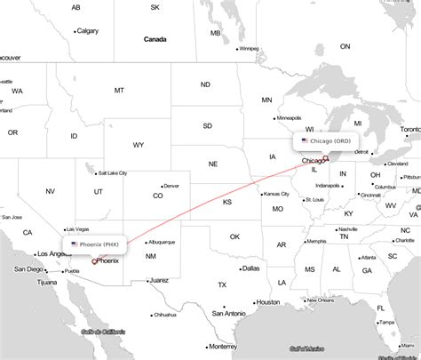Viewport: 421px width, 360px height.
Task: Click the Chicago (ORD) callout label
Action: click(x=330, y=140)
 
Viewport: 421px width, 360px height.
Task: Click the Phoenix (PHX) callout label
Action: click(x=94, y=243)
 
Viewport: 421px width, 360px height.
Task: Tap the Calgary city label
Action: click(x=88, y=31)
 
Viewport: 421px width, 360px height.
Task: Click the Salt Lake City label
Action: click(x=114, y=173)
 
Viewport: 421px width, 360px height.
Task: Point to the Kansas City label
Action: click(x=276, y=194)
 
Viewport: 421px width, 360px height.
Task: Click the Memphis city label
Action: click(x=315, y=242)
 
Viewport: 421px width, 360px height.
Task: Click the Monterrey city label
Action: click(x=221, y=346)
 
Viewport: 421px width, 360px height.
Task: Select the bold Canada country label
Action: click(x=155, y=39)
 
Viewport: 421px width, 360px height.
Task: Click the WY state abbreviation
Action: click(x=139, y=144)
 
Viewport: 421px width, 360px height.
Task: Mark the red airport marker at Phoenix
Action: click(x=94, y=261)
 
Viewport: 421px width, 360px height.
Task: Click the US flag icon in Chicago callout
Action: click(x=305, y=140)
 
